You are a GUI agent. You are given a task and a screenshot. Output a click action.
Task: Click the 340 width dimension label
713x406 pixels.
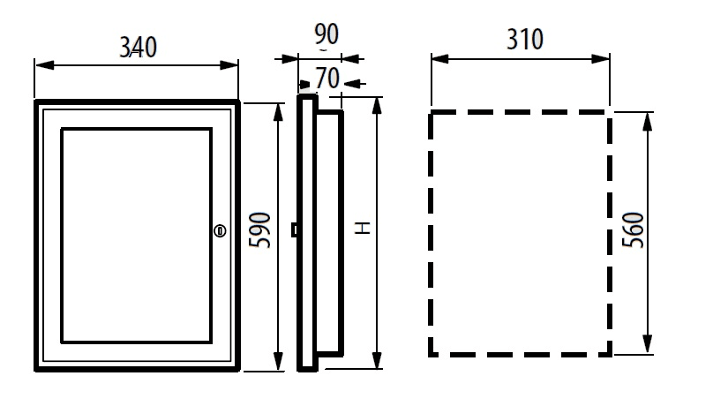coord(139,48)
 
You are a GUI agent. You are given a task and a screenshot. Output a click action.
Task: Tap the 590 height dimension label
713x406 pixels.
coord(260,230)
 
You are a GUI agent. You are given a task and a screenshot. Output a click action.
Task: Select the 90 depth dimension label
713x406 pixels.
coord(326,34)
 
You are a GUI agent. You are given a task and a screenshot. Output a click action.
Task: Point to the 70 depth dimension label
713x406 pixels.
coord(327,79)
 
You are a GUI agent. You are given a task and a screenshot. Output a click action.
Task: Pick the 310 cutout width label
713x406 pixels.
coord(525,40)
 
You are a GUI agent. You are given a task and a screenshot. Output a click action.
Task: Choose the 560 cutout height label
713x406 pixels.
coord(633,230)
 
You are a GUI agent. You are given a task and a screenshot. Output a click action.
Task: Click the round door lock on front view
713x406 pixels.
coord(220,231)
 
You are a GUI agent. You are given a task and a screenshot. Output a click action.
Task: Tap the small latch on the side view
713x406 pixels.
coord(294,230)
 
